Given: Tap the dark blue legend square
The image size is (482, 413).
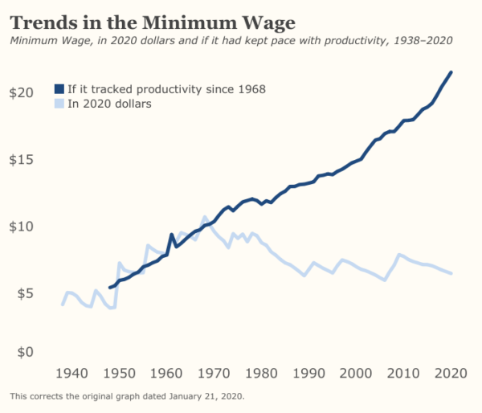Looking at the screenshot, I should coord(59,88).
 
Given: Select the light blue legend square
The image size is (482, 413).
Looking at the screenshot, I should coord(59,104).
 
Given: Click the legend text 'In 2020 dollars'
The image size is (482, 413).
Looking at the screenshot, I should coord(109,104).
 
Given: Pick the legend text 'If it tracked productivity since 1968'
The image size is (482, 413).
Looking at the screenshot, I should coord(166,88).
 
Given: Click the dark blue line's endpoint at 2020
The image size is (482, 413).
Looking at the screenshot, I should coord(451,72).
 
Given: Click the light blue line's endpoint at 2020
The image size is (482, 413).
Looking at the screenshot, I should coord(451,273).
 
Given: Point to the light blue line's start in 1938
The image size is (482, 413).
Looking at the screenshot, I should coord(63,305).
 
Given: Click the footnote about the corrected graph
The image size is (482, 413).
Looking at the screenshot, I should coord(127,396).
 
